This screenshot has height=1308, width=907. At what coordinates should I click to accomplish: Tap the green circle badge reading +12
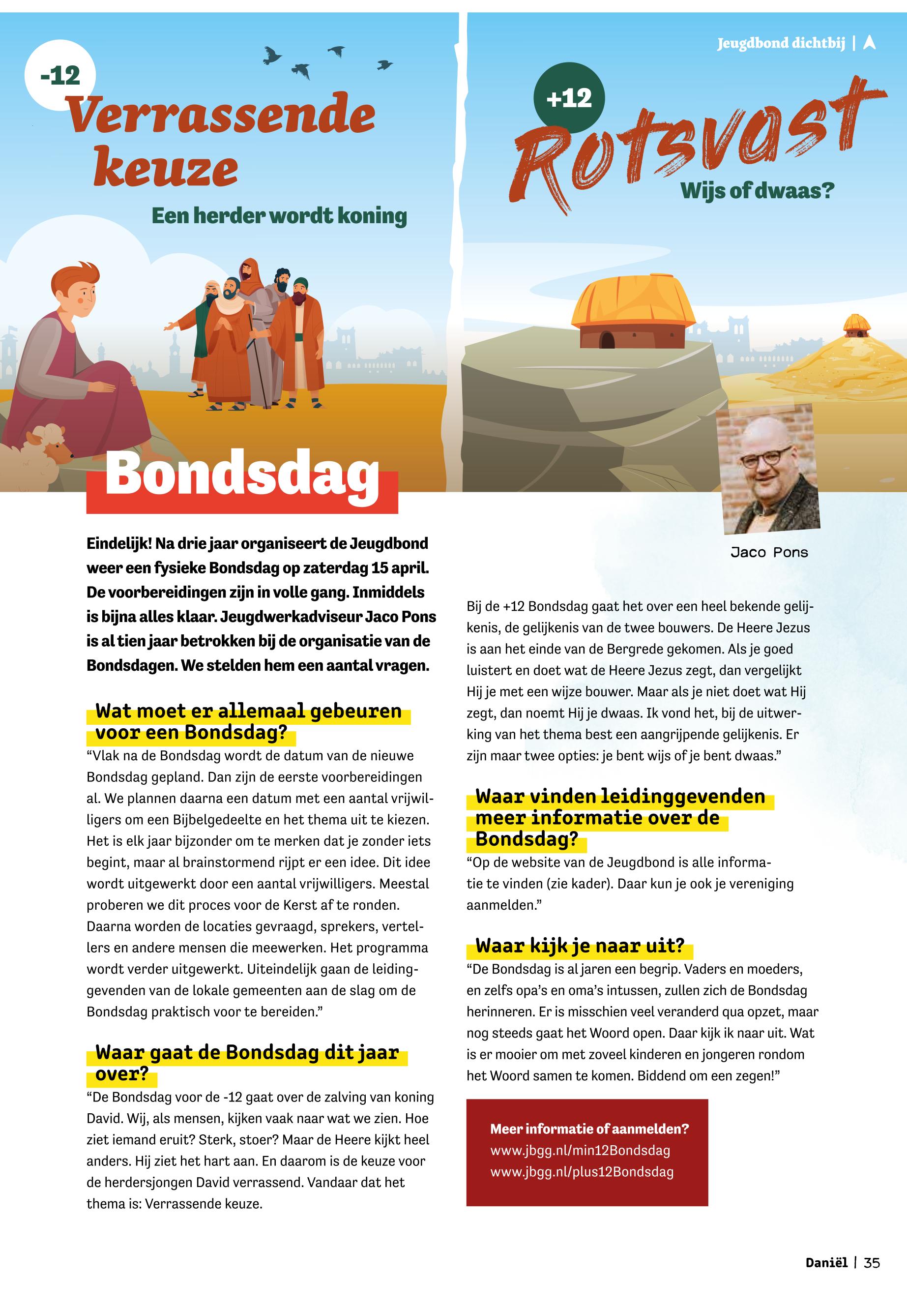coord(569,98)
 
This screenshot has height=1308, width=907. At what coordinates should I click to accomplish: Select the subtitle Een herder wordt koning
coord(279,216)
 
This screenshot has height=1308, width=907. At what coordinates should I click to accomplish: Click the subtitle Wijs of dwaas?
coord(758,190)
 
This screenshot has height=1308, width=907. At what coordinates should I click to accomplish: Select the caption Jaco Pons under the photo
coord(769,553)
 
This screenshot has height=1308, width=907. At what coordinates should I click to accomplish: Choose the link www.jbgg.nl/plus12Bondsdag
coord(582,1172)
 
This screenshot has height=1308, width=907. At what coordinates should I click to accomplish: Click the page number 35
coord(872,1263)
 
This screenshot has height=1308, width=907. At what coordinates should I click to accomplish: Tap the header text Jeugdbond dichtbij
coord(781,43)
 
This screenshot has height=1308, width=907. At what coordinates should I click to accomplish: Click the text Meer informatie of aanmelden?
coord(589,1129)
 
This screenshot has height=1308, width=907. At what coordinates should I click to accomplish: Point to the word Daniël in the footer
coord(826,1263)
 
